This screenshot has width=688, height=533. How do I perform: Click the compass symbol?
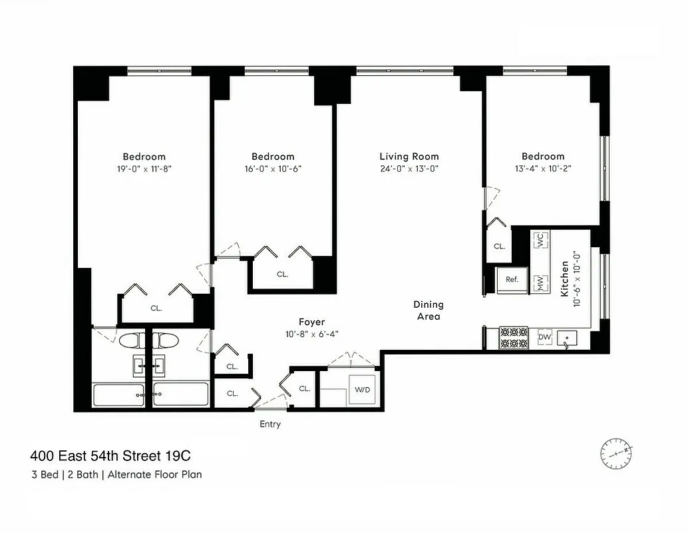coord(616,452)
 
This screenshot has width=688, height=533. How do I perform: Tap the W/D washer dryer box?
coord(362,389)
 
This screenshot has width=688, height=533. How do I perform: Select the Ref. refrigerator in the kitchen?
coord(512,280)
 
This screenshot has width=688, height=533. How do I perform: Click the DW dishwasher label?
coord(544,338)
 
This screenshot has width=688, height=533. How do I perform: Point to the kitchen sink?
coord(568,339)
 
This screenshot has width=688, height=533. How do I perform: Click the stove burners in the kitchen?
coord(513,338)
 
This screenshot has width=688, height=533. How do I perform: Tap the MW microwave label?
coord(540,284)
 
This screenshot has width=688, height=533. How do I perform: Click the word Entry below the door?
coord(270,424)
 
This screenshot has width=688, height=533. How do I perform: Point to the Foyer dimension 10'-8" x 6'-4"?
coord(311,334)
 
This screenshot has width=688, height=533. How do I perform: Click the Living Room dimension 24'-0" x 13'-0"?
coord(409,169)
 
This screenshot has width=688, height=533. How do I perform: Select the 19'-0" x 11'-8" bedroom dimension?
coord(144,169)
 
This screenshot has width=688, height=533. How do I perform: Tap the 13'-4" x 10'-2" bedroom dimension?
coord(542,169)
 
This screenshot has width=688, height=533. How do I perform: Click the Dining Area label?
coord(429,310)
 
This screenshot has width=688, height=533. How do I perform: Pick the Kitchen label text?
coord(565,278)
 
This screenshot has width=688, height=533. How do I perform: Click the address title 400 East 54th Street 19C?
coord(110,457)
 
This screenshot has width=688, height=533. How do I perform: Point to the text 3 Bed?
coord(45,475)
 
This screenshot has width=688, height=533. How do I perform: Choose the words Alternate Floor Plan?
coord(154,475)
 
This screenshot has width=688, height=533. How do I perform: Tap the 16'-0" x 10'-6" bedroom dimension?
coord(273,169)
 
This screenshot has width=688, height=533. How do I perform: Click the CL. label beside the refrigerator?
coord(499,246)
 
